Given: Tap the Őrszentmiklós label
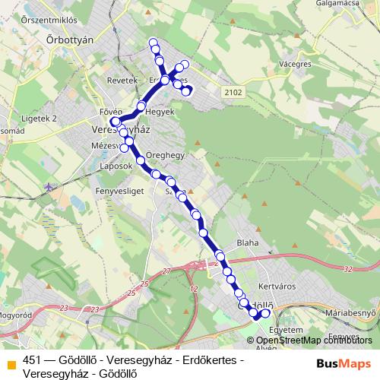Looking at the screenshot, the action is [52, 17].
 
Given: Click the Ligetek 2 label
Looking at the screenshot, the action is [40, 119].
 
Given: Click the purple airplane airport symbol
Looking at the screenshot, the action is [49, 186].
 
